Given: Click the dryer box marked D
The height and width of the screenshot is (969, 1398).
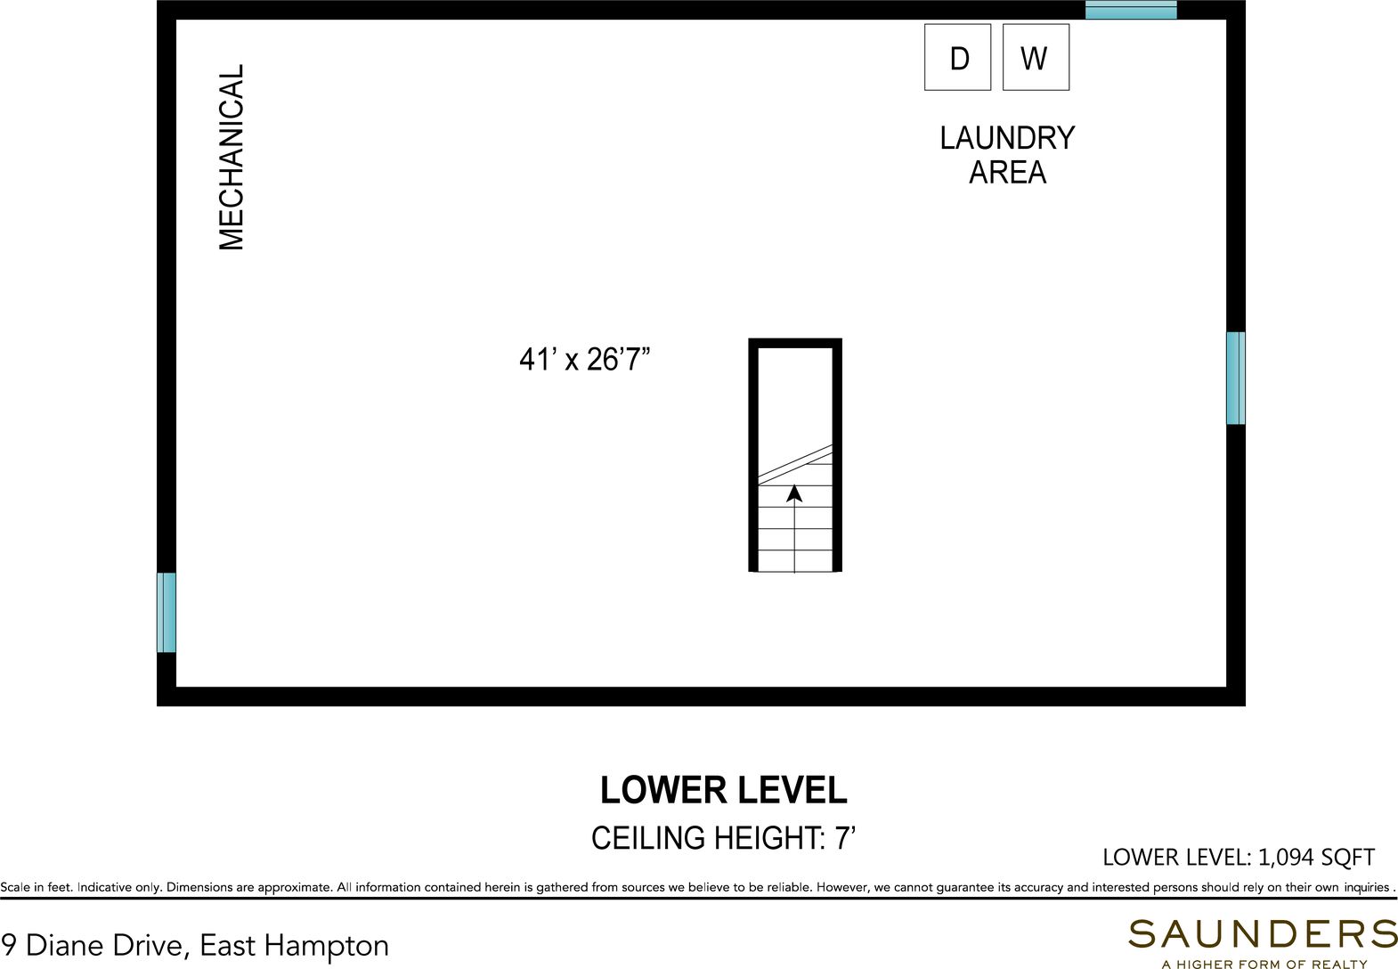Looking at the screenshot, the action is [x=957, y=57].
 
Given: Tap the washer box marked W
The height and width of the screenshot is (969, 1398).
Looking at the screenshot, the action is [x=1036, y=57].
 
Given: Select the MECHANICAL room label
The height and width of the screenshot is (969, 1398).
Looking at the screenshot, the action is [x=232, y=158].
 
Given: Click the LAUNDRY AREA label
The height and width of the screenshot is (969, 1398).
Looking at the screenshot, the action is [x=1007, y=155].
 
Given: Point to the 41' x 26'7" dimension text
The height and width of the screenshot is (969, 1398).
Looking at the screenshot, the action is [x=585, y=360].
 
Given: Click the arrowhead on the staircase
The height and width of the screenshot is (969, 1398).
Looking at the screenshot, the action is [x=794, y=493].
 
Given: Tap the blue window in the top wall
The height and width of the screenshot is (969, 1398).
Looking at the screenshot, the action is [x=1131, y=10].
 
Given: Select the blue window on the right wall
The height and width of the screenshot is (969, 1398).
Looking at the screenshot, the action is [x=1236, y=378].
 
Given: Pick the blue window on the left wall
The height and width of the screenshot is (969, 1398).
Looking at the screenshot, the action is [x=166, y=613].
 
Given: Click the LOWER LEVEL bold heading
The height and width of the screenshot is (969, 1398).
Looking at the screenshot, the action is [x=723, y=790].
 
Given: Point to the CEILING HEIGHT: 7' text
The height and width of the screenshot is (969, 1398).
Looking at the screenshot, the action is [x=723, y=838].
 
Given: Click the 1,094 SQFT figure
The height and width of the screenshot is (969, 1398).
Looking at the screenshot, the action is [x=1316, y=858].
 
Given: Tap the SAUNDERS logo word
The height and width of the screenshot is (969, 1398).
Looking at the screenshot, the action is [x=1263, y=933].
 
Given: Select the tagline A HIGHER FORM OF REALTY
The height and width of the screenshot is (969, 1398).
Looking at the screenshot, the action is [x=1264, y=964].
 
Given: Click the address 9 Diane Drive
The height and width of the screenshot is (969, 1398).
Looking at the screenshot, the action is [x=95, y=945].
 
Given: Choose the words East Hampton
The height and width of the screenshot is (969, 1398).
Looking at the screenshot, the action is [x=294, y=946].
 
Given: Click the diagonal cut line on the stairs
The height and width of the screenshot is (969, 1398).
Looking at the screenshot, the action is [x=795, y=465].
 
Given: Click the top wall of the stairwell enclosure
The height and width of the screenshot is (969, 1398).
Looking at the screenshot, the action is [x=795, y=344].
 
